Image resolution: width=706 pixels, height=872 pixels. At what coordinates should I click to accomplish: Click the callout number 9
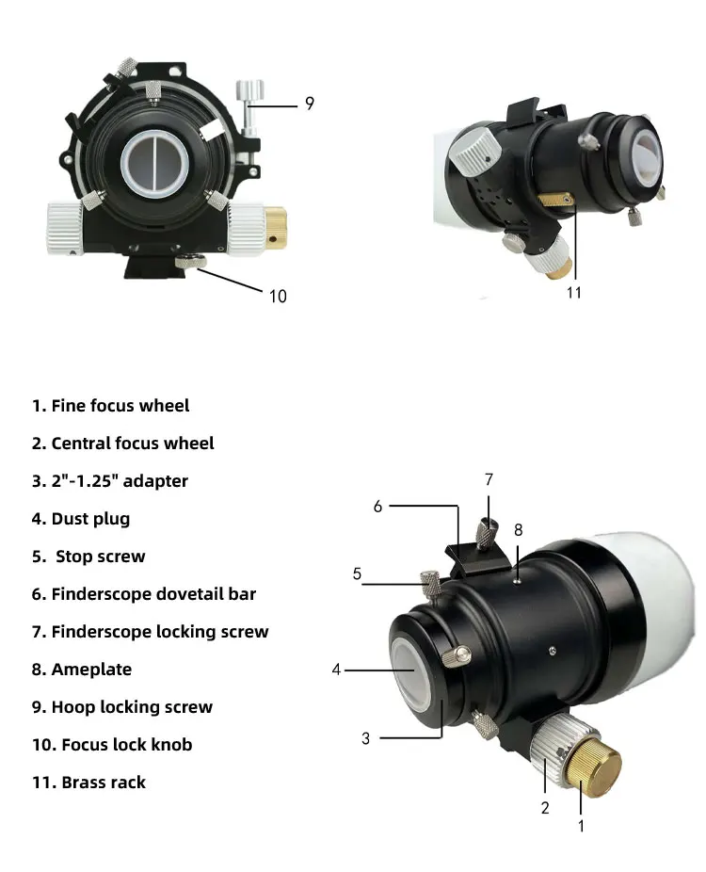[x=309, y=105]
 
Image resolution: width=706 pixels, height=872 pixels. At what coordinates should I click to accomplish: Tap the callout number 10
[x=278, y=296]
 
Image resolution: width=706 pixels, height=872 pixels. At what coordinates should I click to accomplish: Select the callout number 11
[x=574, y=292]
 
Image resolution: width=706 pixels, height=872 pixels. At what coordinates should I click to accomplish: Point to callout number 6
[x=377, y=506]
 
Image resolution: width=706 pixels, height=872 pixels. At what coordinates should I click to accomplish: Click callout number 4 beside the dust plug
[x=336, y=670]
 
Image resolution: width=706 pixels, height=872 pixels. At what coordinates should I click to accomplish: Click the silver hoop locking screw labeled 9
[x=249, y=95]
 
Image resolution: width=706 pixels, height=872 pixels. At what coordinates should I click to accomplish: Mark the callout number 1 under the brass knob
[x=581, y=826]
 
